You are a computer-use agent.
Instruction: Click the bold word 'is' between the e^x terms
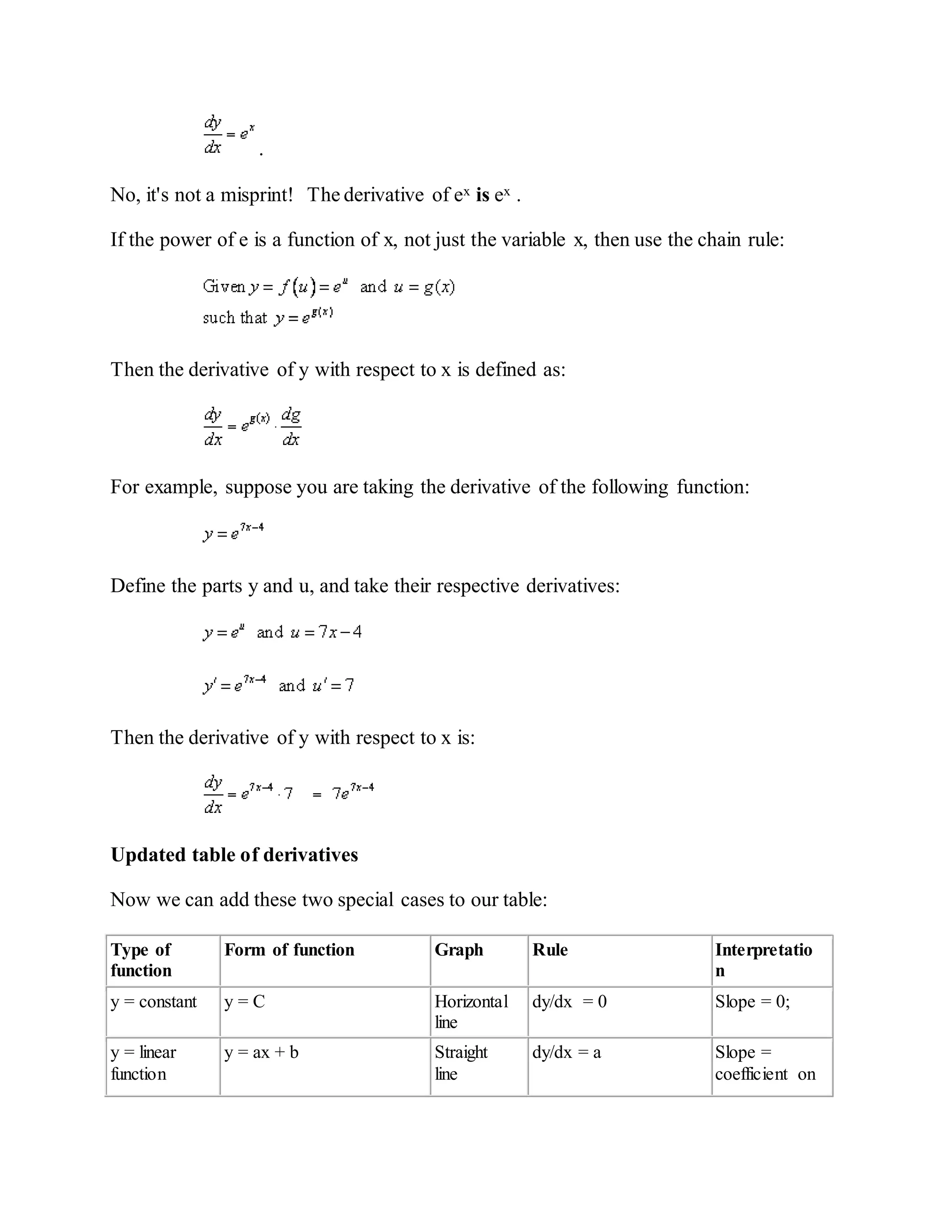pyautogui.click(x=482, y=195)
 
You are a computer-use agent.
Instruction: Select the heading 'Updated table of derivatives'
pyautogui.click(x=234, y=855)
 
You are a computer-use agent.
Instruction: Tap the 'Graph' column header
pyautogui.click(x=458, y=950)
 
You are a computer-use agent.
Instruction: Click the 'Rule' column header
pyautogui.click(x=549, y=950)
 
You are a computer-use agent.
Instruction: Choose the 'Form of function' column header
pyautogui.click(x=289, y=950)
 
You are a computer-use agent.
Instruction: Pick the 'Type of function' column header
pyautogui.click(x=141, y=960)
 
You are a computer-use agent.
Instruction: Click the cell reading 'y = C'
pyautogui.click(x=244, y=1002)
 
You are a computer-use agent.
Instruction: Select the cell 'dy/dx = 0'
pyautogui.click(x=569, y=1002)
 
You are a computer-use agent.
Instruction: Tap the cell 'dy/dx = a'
pyautogui.click(x=566, y=1052)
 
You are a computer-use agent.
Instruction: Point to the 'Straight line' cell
pyautogui.click(x=461, y=1062)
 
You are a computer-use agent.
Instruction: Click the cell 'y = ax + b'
pyautogui.click(x=261, y=1052)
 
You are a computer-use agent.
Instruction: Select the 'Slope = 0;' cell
pyautogui.click(x=752, y=1002)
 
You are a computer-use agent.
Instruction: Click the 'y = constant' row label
pyautogui.click(x=153, y=1002)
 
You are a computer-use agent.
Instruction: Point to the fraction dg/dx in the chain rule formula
pyautogui.click(x=291, y=427)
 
